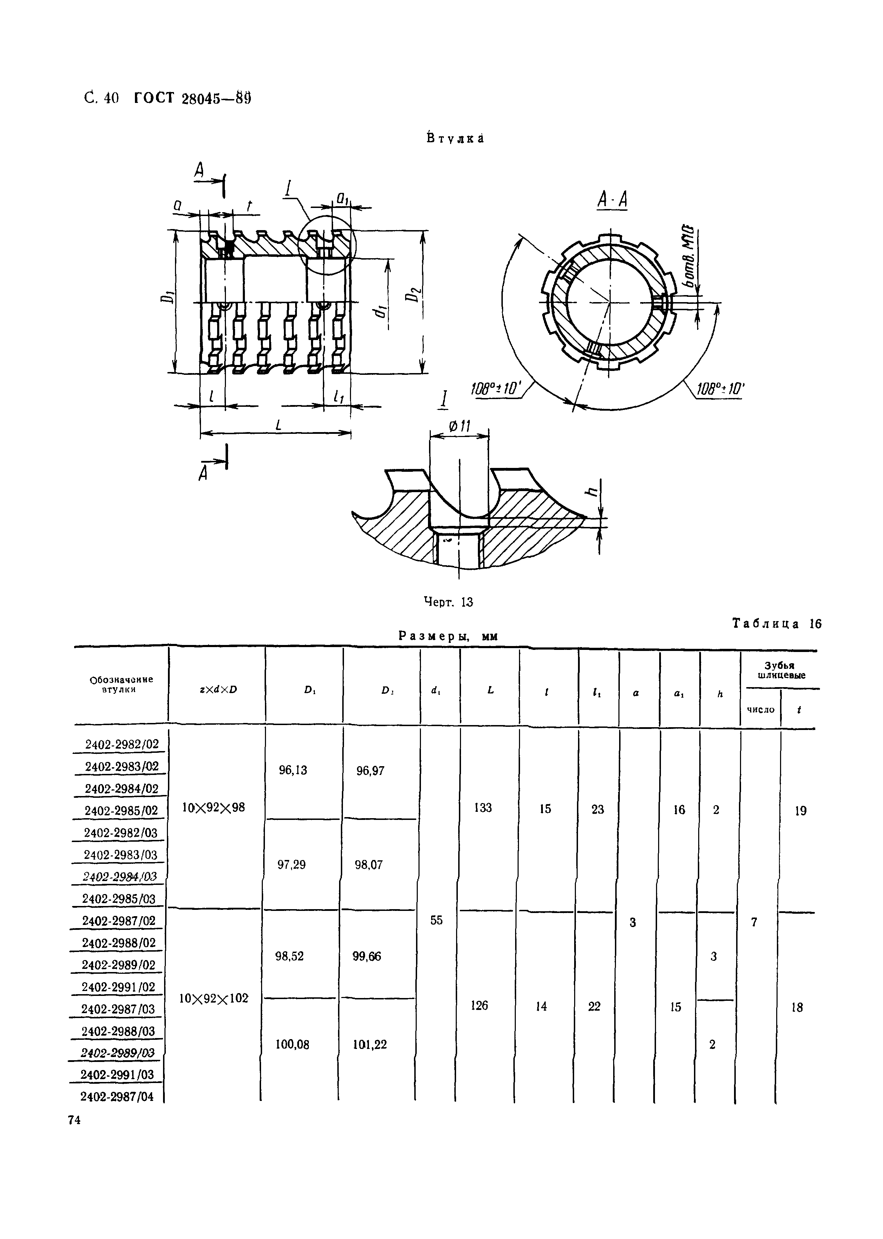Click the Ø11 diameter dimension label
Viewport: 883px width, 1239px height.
click(x=460, y=426)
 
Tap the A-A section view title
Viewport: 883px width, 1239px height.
click(x=612, y=200)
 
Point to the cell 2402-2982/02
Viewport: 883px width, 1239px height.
click(x=122, y=744)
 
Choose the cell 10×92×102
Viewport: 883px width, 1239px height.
click(x=214, y=998)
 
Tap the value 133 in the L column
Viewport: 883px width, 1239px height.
click(x=483, y=808)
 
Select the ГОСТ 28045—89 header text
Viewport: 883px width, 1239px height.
click(x=193, y=98)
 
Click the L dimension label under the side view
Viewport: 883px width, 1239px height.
click(x=278, y=426)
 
